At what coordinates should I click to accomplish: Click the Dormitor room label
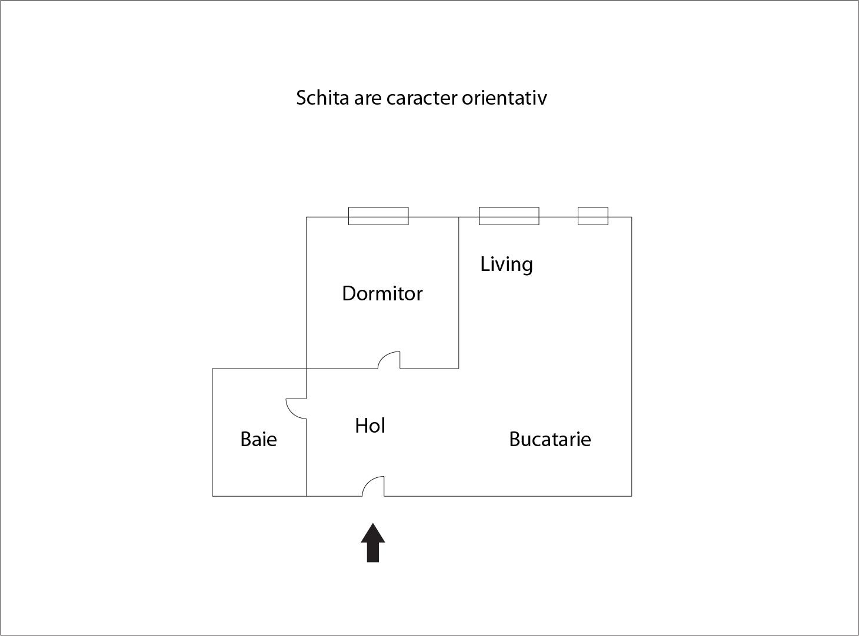tap(382, 294)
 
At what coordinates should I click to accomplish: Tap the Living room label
tap(507, 265)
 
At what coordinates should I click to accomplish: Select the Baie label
tap(258, 439)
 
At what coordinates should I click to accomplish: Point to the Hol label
tap(370, 426)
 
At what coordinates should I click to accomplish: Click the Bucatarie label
tap(550, 439)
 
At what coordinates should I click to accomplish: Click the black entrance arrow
tap(373, 543)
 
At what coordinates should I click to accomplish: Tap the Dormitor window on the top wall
tap(378, 216)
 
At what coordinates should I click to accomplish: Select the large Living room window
tap(509, 216)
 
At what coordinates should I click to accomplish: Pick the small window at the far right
tap(593, 216)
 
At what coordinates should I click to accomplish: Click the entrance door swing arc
tap(368, 482)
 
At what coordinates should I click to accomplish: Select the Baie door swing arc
tap(291, 413)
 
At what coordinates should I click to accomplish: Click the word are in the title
tap(367, 99)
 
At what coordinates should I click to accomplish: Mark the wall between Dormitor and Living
tap(459, 293)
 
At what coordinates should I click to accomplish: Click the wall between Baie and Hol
tap(307, 457)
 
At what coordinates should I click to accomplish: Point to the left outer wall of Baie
tap(212, 433)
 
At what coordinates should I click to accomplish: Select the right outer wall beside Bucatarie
tap(632, 357)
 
